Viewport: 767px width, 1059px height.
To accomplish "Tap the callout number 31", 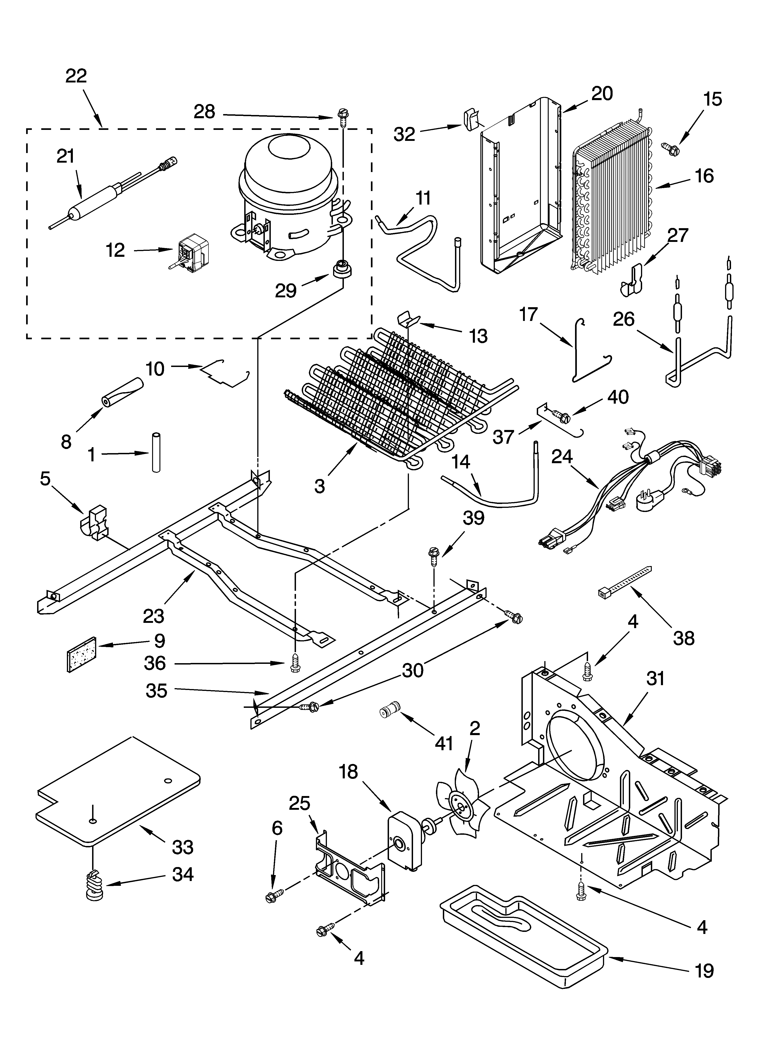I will pyautogui.click(x=655, y=678).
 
